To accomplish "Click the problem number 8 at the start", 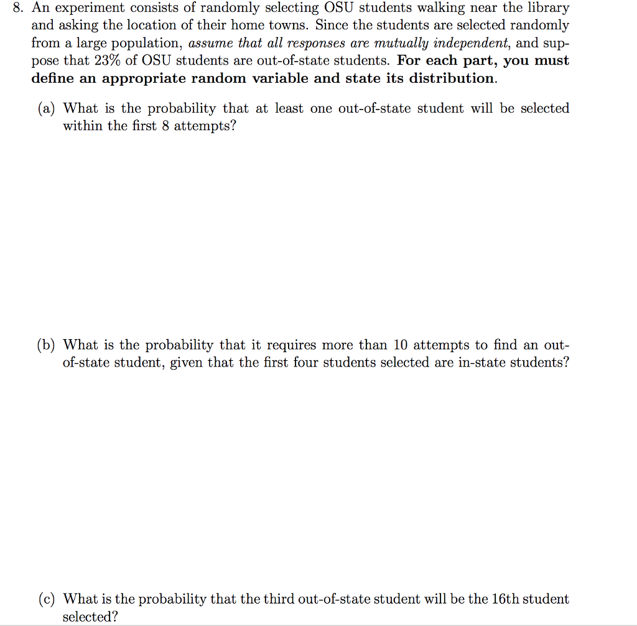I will point(17,9).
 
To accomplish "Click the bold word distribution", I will point(452,78).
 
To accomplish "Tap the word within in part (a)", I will point(81,126).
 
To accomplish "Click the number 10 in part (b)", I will point(400,345).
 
